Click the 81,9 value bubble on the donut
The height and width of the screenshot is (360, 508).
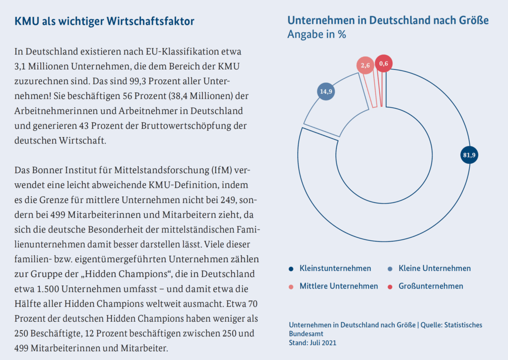(x=469, y=155)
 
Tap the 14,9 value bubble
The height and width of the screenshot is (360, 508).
(x=325, y=91)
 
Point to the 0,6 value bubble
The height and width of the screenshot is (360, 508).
(x=383, y=63)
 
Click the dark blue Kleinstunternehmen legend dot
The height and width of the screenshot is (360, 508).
(x=291, y=269)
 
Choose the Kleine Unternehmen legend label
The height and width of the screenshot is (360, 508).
(x=435, y=268)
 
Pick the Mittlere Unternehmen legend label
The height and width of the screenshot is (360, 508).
(x=338, y=286)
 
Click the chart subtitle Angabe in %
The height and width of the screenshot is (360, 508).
(x=317, y=35)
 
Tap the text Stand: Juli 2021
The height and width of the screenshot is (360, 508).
(x=313, y=343)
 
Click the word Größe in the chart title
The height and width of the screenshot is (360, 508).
(x=473, y=20)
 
